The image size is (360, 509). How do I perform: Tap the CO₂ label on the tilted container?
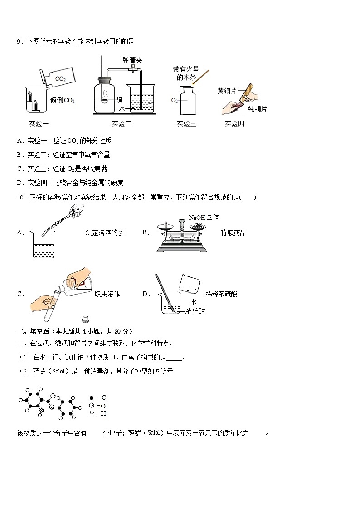click(60, 79)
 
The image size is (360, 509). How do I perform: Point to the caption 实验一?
click(39, 124)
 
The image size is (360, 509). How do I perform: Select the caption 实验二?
click(122, 124)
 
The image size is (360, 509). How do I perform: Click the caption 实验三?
click(186, 124)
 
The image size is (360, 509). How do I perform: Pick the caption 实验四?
click(234, 124)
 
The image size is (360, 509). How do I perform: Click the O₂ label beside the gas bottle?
click(175, 100)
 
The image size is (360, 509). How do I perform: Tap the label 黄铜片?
click(227, 91)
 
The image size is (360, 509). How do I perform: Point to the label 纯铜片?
click(257, 109)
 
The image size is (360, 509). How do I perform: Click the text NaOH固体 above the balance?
click(204, 217)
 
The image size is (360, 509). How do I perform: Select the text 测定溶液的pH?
click(106, 233)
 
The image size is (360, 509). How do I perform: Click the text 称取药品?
click(234, 233)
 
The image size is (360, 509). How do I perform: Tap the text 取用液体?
click(107, 294)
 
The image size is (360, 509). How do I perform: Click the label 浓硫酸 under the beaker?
click(195, 311)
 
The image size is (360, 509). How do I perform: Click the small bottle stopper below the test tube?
click(84, 320)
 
